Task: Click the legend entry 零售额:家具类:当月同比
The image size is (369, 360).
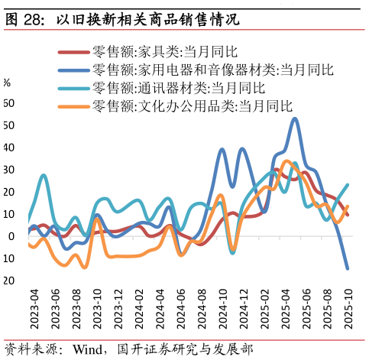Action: (164, 52)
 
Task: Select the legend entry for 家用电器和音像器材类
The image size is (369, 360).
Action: (212, 70)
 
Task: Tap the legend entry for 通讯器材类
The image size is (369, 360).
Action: (178, 88)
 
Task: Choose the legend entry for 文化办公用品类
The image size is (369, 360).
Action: (192, 106)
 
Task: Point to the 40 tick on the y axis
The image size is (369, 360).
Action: (8, 148)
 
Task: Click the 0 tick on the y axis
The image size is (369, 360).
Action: (11, 236)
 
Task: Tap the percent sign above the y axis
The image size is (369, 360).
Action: (7, 83)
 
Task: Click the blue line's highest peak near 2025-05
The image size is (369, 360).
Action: (295, 118)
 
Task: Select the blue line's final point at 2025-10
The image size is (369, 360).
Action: (348, 268)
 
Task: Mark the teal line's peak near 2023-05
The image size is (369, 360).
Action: (43, 176)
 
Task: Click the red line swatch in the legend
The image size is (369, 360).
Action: (73, 52)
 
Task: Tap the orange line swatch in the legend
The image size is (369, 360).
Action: (73, 106)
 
